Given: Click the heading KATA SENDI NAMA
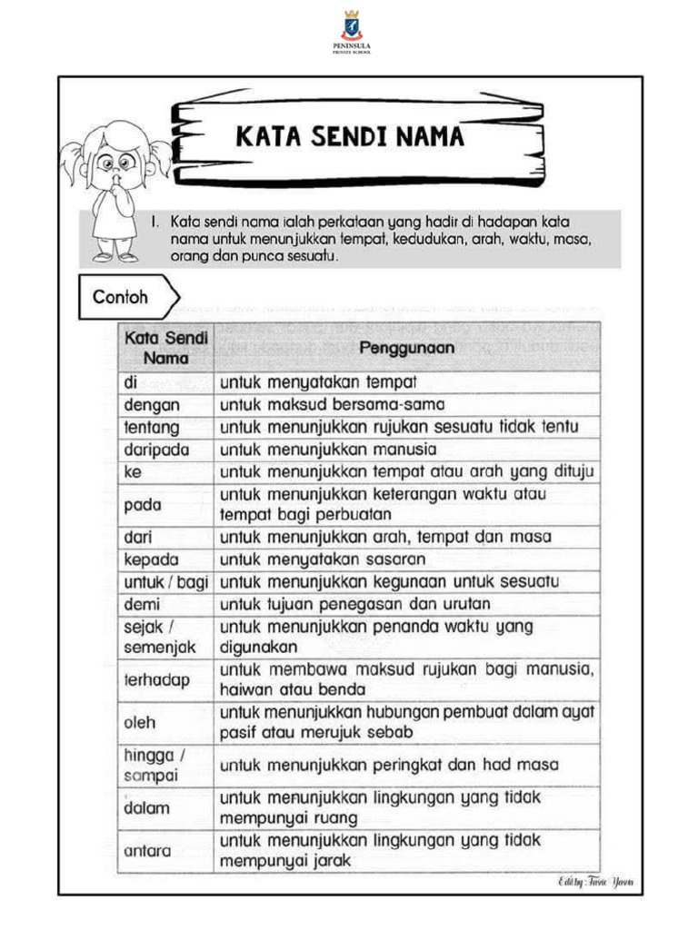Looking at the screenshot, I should click(x=350, y=137).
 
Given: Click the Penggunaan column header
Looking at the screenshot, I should click(x=406, y=347).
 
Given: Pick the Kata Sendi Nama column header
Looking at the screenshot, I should click(x=165, y=347).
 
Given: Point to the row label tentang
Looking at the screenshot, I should click(x=151, y=427).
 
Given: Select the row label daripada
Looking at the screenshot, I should click(x=154, y=450).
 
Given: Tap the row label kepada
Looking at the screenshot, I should click(x=151, y=559).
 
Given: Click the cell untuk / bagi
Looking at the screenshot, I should click(x=165, y=582).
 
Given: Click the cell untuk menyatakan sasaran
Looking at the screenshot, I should click(x=323, y=559).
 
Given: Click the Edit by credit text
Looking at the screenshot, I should click(x=595, y=882).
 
